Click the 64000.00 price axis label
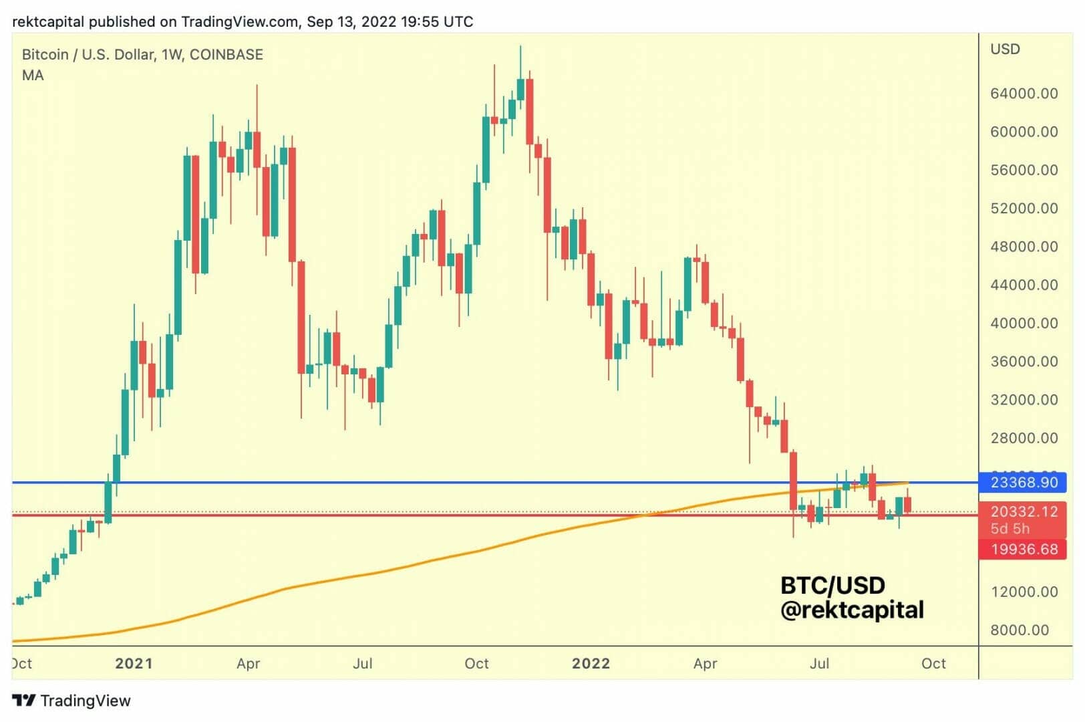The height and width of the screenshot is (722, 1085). point(1024,94)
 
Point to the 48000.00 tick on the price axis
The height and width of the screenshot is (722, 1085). point(1024,247)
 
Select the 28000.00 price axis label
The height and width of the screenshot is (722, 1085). point(1024,439)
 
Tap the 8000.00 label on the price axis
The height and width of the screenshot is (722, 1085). point(1020,630)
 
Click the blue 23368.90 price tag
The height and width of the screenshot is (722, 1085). point(1023,482)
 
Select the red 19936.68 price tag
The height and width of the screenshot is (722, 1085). point(1023,550)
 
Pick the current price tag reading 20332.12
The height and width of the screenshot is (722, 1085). point(1023,512)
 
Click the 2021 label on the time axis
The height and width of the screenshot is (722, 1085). point(134,664)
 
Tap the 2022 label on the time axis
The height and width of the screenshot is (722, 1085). point(591,664)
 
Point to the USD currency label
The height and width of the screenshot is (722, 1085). point(1005,49)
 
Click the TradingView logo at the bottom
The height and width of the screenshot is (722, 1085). point(71,701)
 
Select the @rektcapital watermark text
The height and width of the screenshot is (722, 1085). point(852,610)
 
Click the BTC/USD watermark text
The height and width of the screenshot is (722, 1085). point(832,586)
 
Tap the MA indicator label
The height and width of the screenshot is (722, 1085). point(33,76)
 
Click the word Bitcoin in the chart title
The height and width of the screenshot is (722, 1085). point(45,55)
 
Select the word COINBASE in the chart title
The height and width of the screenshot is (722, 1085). point(226,55)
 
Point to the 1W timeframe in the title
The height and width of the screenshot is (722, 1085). point(172,55)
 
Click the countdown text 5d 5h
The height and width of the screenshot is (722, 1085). point(1010,529)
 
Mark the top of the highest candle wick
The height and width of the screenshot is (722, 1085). point(520,46)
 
